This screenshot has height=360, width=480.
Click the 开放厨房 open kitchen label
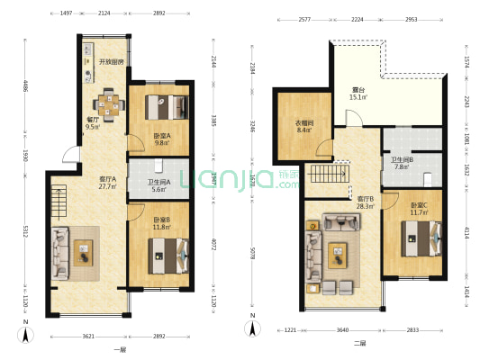click(x=112, y=61)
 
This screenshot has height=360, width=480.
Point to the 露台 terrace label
click(x=358, y=92)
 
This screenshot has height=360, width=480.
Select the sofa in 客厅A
click(x=60, y=253)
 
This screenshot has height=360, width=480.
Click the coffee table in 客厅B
click(x=340, y=255)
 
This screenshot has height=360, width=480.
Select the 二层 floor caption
click(x=359, y=344)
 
